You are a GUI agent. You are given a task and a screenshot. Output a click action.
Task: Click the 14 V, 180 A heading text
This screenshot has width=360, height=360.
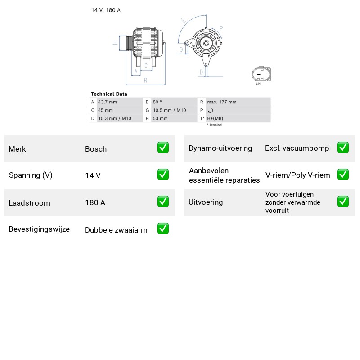[106, 10]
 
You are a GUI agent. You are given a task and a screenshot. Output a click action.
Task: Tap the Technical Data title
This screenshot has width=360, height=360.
[109, 94]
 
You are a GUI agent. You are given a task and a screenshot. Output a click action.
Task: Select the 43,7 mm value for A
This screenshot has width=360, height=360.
[108, 102]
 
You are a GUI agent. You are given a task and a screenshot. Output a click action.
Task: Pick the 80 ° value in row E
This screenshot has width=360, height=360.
[157, 102]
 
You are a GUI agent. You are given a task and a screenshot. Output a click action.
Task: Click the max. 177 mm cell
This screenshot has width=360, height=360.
[222, 102]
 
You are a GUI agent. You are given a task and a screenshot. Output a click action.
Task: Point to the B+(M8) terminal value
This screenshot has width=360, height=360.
[215, 118]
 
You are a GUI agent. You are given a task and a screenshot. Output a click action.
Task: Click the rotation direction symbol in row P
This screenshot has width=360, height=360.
[210, 110]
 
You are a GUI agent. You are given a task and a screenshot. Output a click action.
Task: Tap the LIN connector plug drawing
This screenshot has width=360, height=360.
[261, 74]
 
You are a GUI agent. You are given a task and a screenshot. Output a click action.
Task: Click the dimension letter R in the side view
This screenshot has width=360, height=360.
[145, 81]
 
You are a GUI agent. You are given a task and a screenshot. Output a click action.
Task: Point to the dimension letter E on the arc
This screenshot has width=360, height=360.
[183, 20]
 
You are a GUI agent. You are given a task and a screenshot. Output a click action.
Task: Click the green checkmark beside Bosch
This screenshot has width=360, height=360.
[163, 148]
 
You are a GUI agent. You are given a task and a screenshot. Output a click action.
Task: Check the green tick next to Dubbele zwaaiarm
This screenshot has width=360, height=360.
[163, 229]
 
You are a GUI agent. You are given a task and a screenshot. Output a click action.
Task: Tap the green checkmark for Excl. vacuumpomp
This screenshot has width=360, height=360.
[343, 148]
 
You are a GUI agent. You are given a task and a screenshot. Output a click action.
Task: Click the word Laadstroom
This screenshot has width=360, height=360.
[29, 203]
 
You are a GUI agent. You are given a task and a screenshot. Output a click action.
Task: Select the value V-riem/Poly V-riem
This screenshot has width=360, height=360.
[298, 175]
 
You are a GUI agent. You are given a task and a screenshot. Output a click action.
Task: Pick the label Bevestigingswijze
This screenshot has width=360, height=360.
[39, 229]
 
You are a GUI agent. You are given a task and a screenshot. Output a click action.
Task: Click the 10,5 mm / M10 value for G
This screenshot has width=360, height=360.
[170, 110]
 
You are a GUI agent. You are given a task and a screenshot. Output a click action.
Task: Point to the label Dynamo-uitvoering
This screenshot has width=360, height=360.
[220, 148]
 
